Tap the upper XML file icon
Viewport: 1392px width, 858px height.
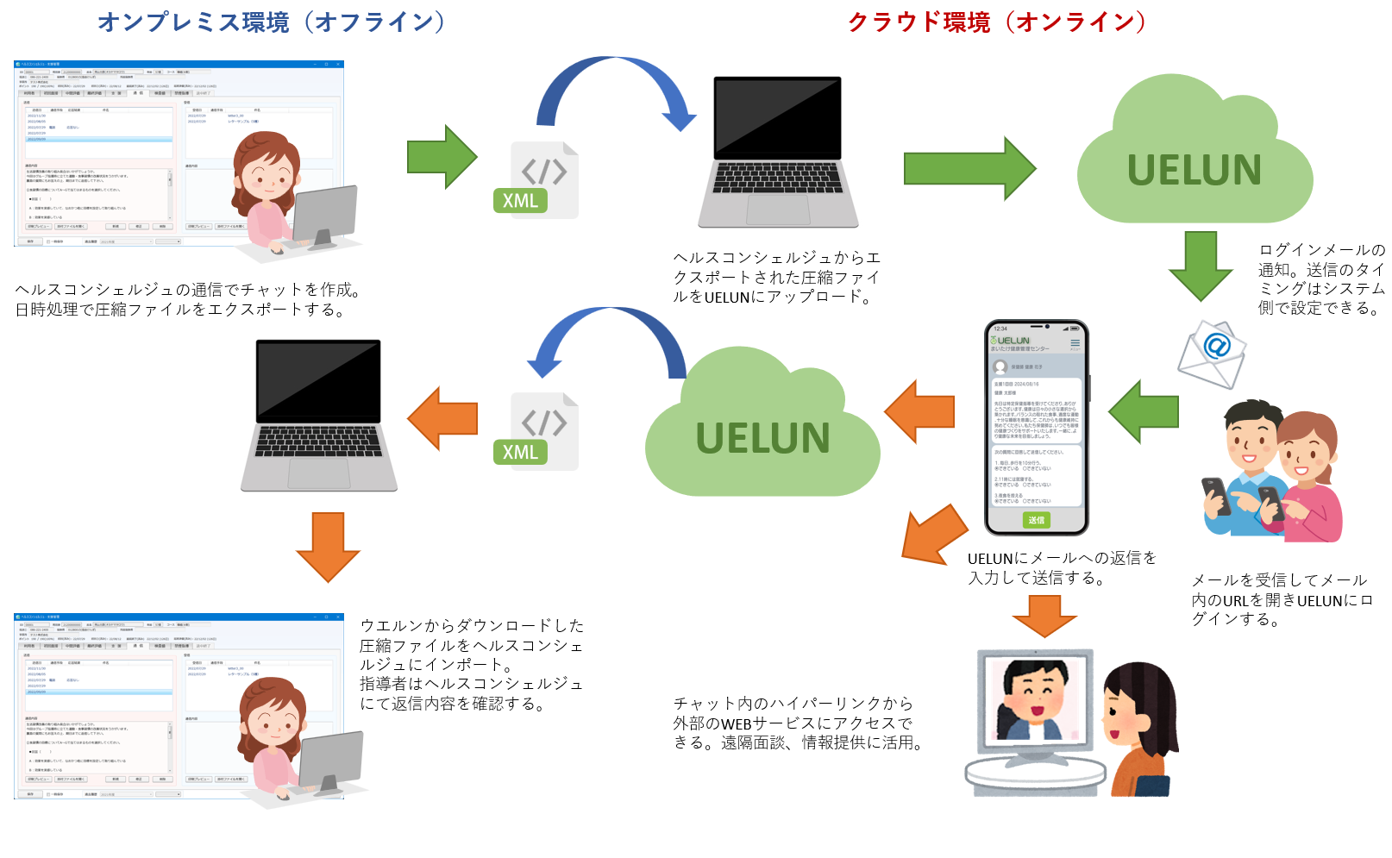[x=537, y=180]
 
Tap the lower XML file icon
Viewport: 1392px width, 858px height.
[x=537, y=432]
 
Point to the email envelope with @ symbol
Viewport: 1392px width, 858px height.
[x=1212, y=353]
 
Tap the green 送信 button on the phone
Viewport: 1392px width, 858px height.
[x=1036, y=520]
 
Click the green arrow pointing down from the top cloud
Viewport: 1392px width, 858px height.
[x=1200, y=266]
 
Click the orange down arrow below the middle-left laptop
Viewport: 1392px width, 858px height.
[x=328, y=547]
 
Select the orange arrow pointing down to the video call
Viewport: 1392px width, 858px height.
[x=1044, y=615]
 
